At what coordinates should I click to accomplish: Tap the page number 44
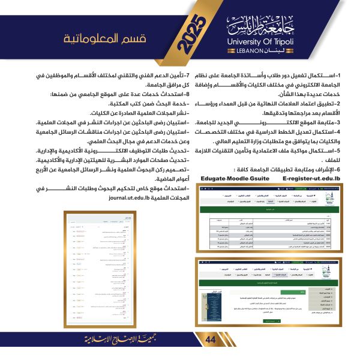tap(210, 340)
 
